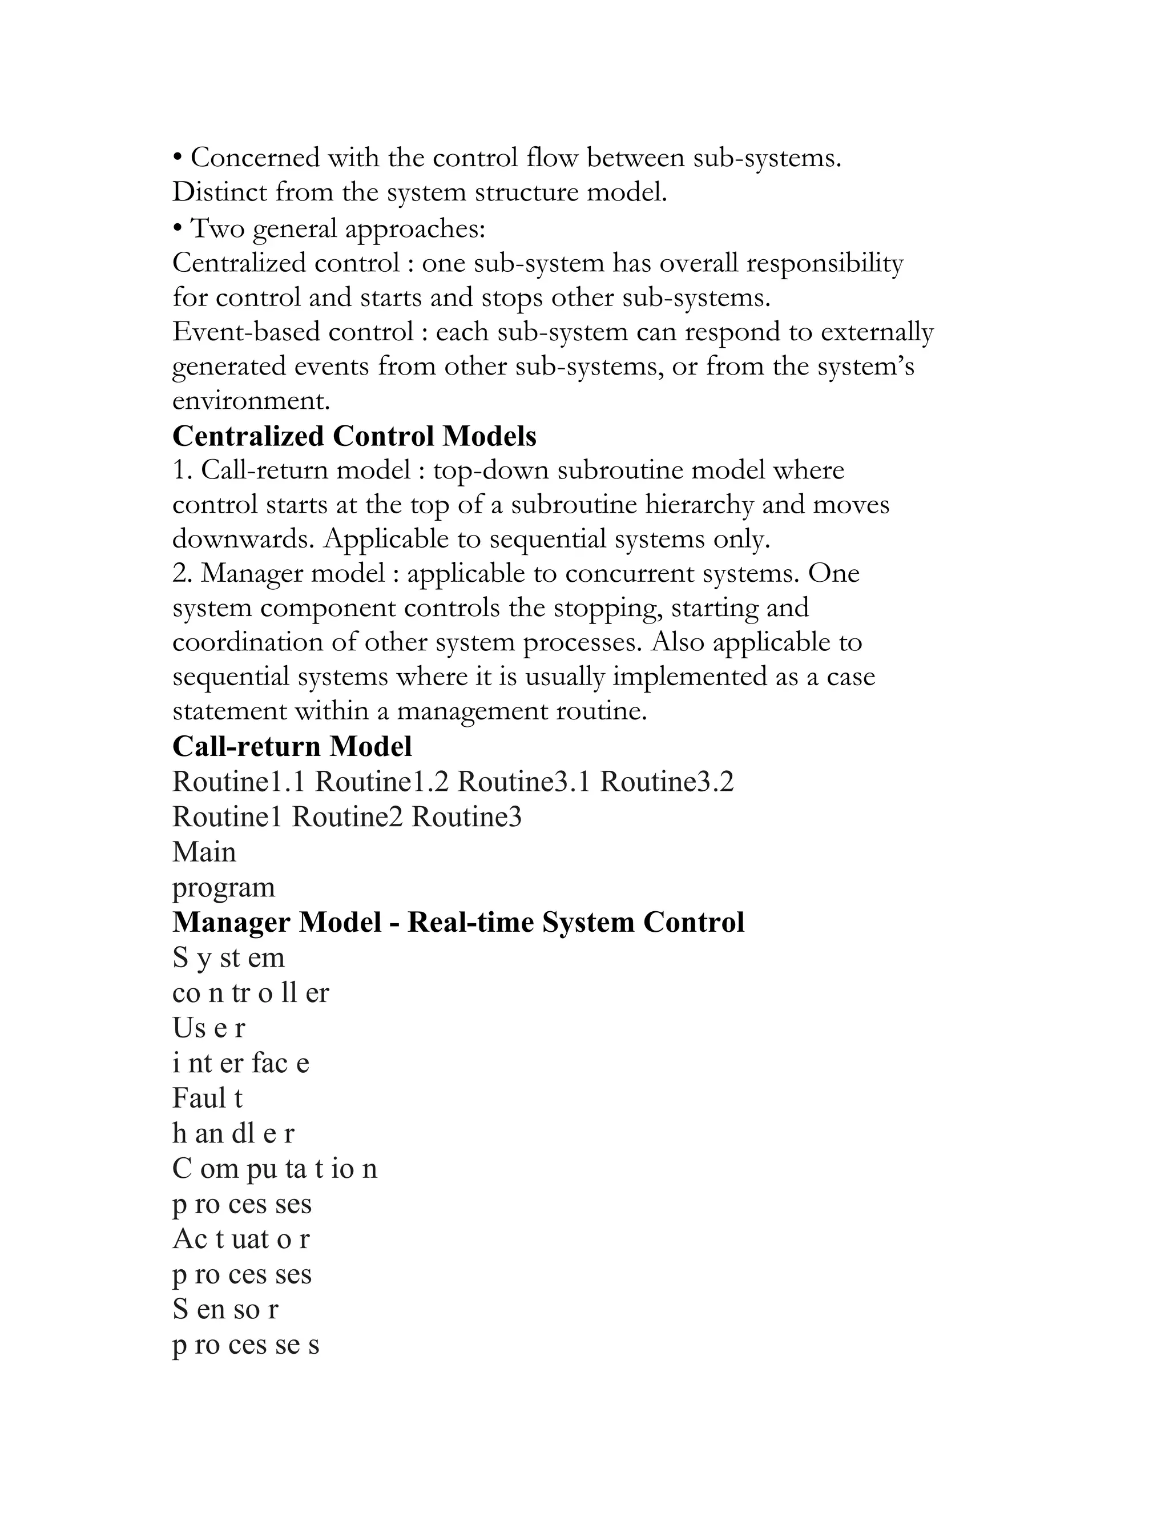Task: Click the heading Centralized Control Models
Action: tap(354, 436)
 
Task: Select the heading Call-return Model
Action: tap(292, 747)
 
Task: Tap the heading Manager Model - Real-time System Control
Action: tap(458, 922)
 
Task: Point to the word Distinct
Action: tap(220, 192)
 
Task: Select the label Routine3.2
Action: tap(666, 782)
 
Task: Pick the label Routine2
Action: tap(347, 817)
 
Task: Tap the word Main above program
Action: tap(204, 852)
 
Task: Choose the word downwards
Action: tap(243, 539)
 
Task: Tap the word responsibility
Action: tap(824, 263)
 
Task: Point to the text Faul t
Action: tap(207, 1098)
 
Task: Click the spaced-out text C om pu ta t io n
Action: tap(274, 1169)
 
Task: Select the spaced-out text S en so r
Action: tap(225, 1309)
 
